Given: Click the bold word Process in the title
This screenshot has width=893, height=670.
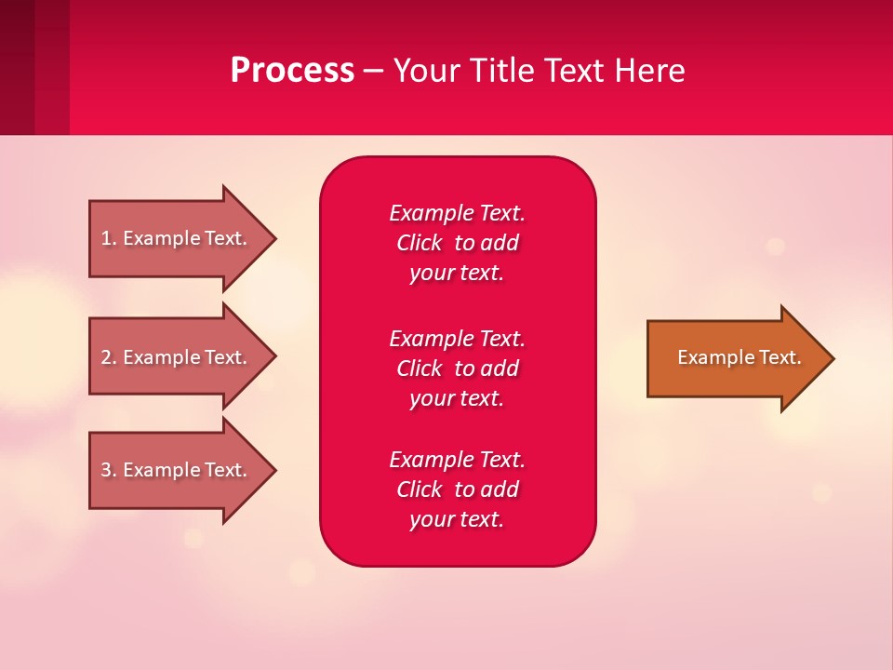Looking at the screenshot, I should pyautogui.click(x=292, y=71).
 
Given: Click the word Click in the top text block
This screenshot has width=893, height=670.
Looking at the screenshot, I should pyautogui.click(x=419, y=243).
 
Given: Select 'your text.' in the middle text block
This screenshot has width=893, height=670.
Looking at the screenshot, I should pyautogui.click(x=457, y=398).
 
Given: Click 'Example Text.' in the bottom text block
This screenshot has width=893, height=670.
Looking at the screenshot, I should pyautogui.click(x=457, y=460).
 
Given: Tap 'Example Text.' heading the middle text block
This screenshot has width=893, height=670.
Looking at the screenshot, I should pyautogui.click(x=457, y=338).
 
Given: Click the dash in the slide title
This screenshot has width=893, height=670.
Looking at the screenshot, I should pyautogui.click(x=373, y=71).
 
